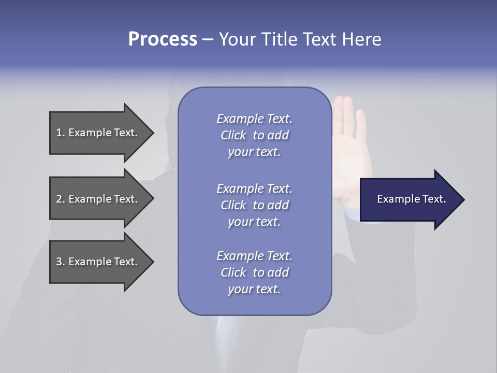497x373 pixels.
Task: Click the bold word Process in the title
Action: [163, 39]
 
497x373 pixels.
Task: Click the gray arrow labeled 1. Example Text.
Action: [98, 133]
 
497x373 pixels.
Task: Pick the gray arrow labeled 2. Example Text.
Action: [98, 199]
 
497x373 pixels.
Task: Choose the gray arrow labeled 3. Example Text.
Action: [98, 262]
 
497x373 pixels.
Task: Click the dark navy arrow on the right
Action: [409, 199]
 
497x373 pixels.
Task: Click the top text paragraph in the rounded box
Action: [254, 135]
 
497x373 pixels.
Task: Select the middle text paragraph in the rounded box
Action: [254, 205]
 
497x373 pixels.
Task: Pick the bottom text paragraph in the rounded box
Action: [254, 272]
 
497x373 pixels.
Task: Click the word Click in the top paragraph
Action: [233, 135]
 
